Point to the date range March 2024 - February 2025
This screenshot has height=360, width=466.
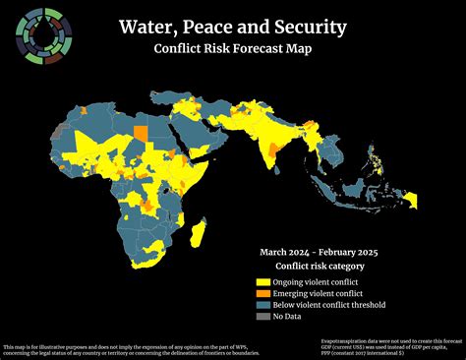(x=319, y=252)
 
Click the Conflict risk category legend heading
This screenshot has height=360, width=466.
(x=320, y=266)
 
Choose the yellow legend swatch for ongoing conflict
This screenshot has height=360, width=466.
(x=262, y=281)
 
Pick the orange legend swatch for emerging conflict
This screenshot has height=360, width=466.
(x=262, y=293)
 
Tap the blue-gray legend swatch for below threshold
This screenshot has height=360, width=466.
(x=262, y=305)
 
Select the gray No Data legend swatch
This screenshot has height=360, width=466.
(x=262, y=317)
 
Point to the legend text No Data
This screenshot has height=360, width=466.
(x=288, y=317)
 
